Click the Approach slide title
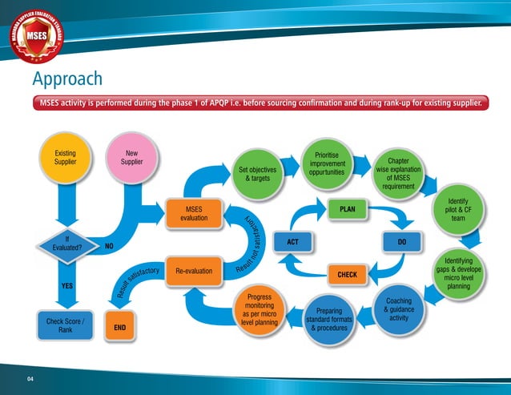coord(67,79)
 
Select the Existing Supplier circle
coord(66,157)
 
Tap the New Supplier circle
coord(131,157)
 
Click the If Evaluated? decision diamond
coord(66,243)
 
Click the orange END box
coord(121,328)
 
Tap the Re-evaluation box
coord(194,271)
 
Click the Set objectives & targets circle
coord(258,175)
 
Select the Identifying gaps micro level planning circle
coord(459,273)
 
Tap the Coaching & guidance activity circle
coord(398,311)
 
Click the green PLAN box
coord(348,209)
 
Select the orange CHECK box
coord(347,274)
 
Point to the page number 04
coord(31,378)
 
